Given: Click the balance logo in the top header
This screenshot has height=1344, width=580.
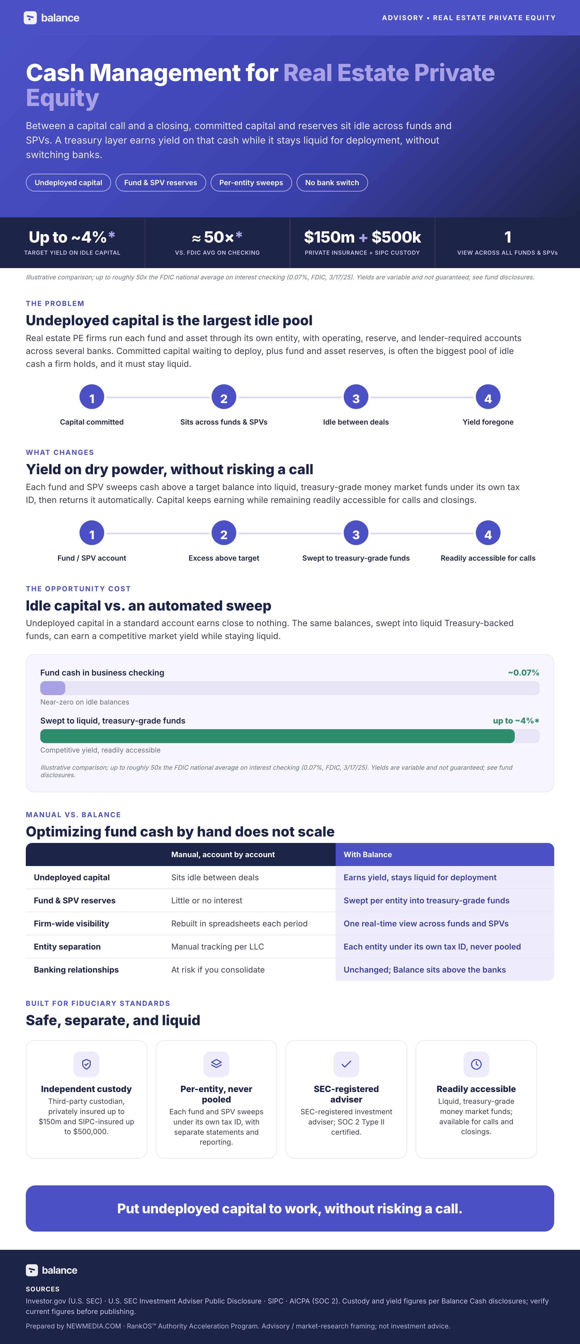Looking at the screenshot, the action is (x=51, y=18).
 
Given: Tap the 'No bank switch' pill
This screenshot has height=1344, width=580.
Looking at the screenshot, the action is (x=332, y=182).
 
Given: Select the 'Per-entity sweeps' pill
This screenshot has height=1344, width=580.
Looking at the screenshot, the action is (x=251, y=182).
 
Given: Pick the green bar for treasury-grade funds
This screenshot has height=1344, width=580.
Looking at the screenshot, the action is (x=277, y=736).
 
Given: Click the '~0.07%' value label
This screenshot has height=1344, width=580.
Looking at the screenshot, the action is (x=524, y=673).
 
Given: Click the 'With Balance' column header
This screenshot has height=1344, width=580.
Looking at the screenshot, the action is (x=368, y=854).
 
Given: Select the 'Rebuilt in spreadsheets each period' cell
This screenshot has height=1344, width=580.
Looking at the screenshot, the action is (x=239, y=923).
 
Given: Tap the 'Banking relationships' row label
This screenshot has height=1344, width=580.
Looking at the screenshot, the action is (x=76, y=969).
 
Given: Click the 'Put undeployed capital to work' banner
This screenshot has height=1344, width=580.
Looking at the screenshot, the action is (x=290, y=1208).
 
